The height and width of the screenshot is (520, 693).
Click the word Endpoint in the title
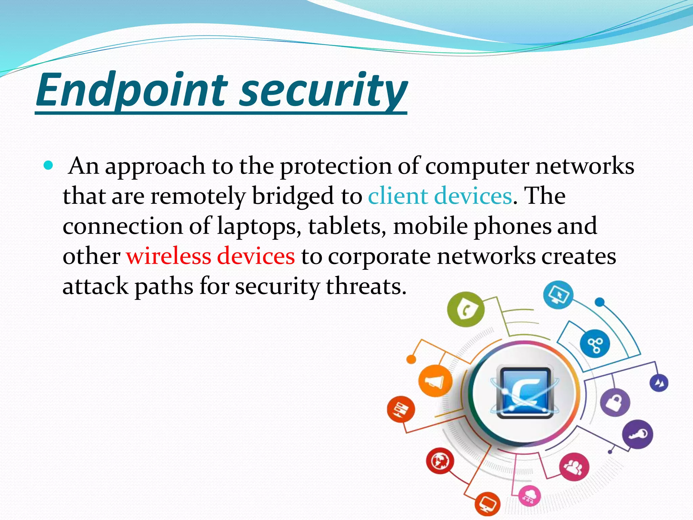[132, 89]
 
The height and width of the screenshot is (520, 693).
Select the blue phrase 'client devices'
[440, 196]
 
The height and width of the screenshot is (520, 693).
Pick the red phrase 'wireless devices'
[210, 256]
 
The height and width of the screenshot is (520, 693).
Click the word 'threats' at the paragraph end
[365, 286]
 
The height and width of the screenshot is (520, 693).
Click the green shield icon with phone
[466, 309]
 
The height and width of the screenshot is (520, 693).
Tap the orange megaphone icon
[435, 381]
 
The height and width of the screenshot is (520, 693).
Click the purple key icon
[638, 434]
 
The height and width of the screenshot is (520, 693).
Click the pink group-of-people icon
[574, 467]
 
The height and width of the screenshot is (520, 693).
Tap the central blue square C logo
[524, 393]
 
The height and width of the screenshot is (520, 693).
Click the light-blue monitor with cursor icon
[558, 295]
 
